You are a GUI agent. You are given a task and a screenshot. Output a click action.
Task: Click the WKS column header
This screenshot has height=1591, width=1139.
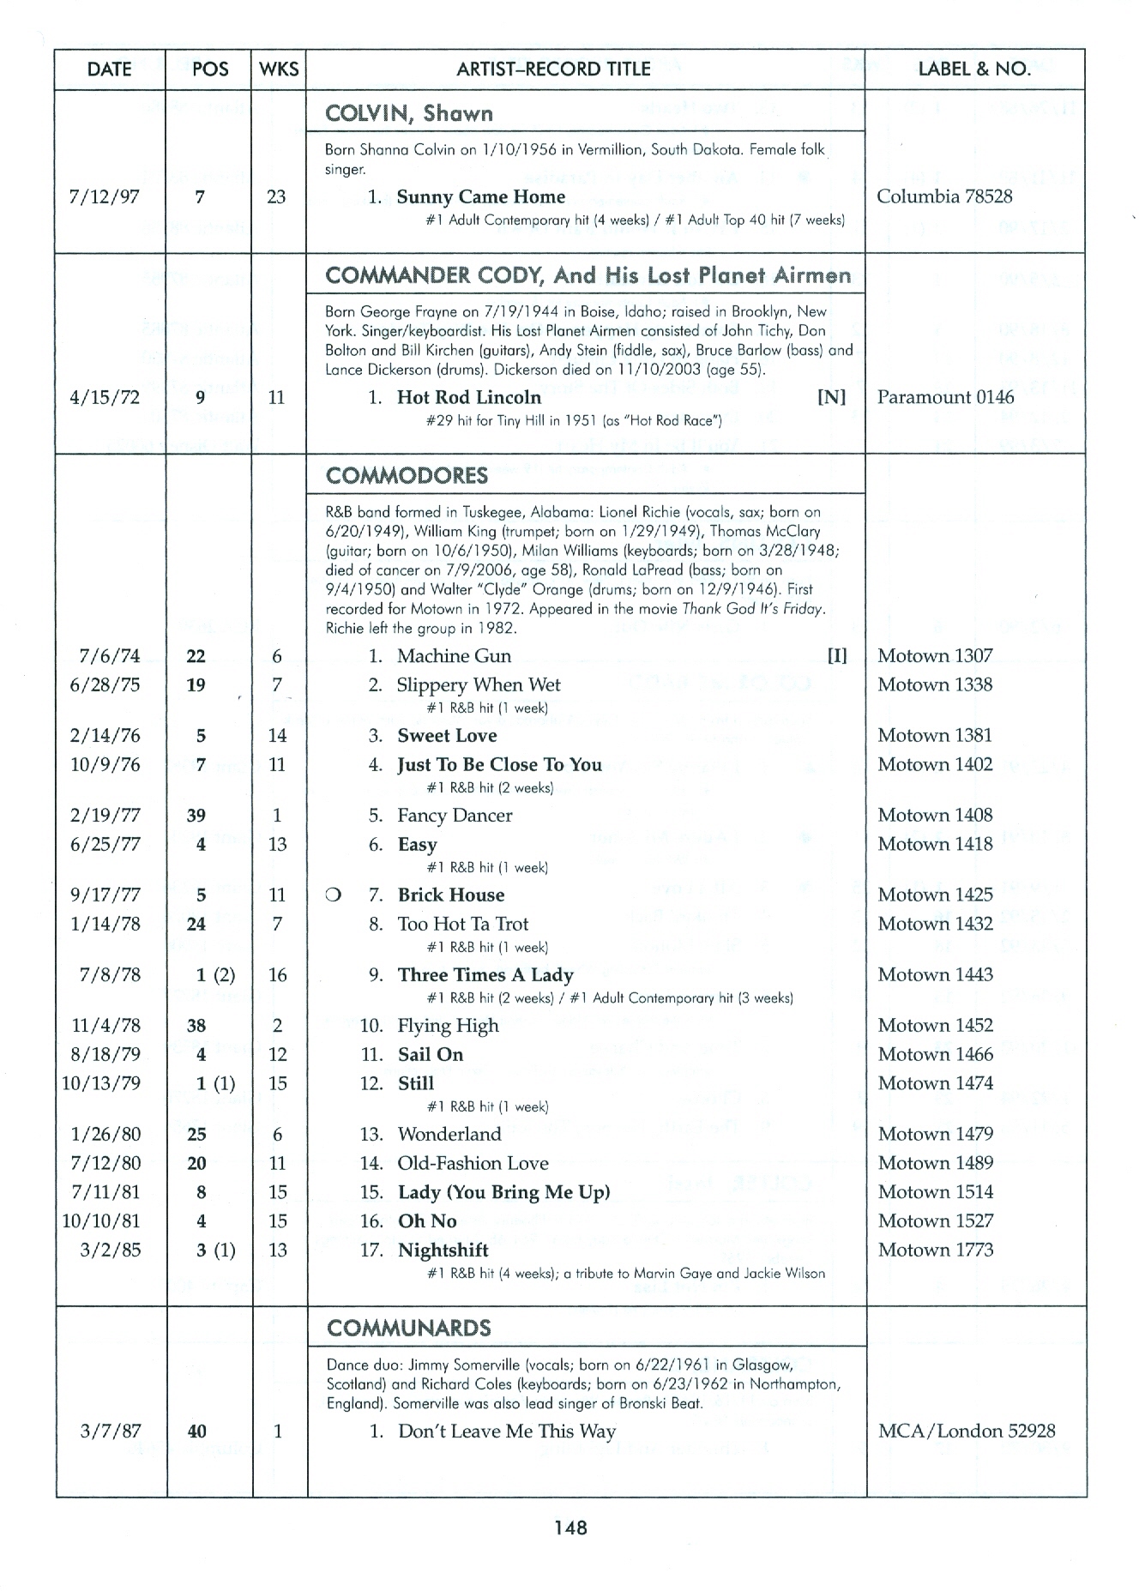click(x=279, y=69)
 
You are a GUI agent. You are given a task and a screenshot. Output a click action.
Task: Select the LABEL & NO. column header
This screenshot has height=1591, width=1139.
click(x=974, y=69)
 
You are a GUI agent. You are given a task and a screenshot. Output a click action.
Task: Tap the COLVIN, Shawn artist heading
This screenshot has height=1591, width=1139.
click(x=409, y=113)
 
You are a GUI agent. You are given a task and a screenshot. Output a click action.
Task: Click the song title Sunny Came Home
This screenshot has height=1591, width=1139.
click(x=480, y=196)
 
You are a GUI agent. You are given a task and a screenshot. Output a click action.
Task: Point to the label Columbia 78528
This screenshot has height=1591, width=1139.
click(x=944, y=196)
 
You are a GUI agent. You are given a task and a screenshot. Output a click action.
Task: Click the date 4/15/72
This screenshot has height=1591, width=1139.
click(x=105, y=397)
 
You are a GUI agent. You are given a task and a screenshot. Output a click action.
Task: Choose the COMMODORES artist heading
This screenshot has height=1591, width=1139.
click(x=407, y=475)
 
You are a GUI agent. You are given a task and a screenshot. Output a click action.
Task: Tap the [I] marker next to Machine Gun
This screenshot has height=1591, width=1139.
click(x=836, y=656)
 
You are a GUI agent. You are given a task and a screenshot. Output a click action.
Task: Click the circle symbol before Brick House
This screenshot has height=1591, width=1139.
click(x=332, y=895)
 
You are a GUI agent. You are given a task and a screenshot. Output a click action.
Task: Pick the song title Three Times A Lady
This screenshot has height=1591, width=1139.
click(x=485, y=975)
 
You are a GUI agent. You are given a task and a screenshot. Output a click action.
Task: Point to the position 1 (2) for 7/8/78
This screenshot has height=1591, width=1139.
click(x=215, y=975)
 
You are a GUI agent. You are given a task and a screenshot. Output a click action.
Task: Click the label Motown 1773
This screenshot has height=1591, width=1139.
click(x=935, y=1250)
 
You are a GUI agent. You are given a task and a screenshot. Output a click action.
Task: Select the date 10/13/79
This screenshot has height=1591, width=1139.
click(x=101, y=1083)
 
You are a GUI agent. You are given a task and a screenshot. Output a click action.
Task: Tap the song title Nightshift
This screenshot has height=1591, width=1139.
click(x=443, y=1250)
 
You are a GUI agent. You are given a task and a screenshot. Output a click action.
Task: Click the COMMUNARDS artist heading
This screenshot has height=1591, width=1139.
click(x=408, y=1329)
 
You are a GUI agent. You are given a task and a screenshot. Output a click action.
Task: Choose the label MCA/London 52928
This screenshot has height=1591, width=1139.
click(x=967, y=1431)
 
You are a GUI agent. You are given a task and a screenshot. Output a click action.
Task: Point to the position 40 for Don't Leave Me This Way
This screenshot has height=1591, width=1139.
click(x=196, y=1431)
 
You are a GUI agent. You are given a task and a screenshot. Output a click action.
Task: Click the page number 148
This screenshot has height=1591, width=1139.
click(x=569, y=1527)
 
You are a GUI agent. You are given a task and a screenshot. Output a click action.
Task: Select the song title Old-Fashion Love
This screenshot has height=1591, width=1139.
click(x=473, y=1163)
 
